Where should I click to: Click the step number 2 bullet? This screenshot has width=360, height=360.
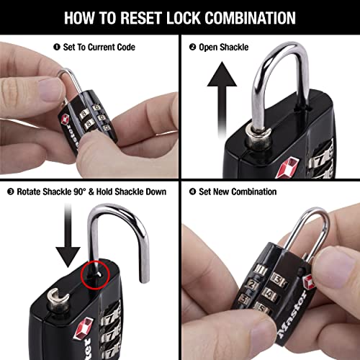click(192, 48)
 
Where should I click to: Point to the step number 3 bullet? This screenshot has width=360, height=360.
click(10, 192)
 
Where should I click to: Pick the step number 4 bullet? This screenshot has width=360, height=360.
click(192, 192)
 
